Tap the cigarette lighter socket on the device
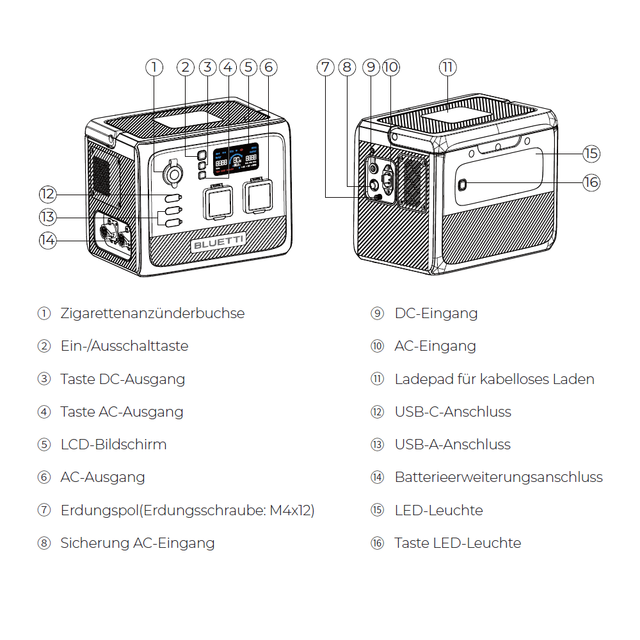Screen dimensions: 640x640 click(173, 173)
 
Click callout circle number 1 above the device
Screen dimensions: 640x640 click(154, 67)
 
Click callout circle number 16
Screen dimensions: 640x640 click(591, 182)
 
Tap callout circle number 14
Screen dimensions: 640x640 click(47, 241)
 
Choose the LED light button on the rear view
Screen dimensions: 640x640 click(463, 185)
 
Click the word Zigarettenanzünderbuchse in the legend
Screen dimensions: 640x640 click(152, 314)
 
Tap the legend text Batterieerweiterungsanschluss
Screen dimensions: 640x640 click(499, 477)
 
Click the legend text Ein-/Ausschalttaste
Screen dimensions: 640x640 click(124, 346)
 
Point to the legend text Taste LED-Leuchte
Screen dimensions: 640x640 click(458, 543)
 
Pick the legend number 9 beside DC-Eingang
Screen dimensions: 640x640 click(377, 314)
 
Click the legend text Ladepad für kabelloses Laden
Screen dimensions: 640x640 click(494, 380)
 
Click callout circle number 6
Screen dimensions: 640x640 click(268, 67)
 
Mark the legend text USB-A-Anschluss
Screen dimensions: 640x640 click(452, 445)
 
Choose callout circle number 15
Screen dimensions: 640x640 click(591, 154)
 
